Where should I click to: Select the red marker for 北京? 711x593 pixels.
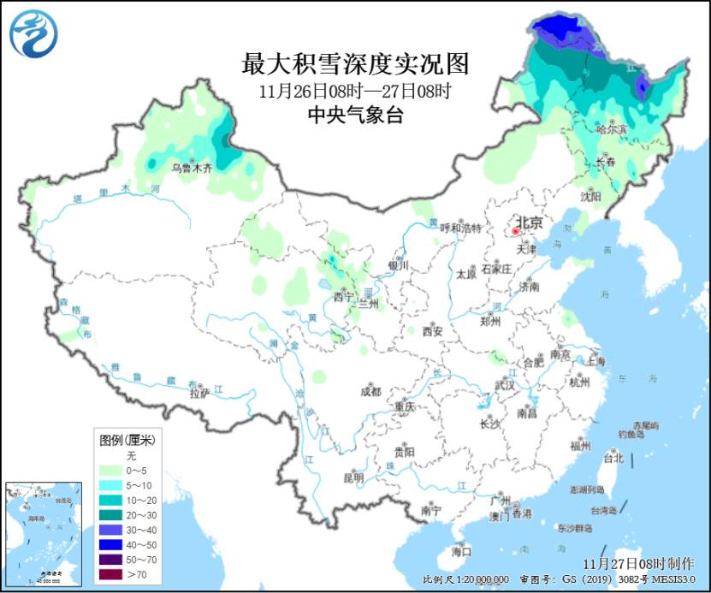516,230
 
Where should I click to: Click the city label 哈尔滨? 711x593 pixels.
611,129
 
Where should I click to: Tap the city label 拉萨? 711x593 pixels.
198,394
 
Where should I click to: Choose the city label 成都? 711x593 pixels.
370,393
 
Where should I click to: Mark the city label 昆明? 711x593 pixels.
353,477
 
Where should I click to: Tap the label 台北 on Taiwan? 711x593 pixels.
613,458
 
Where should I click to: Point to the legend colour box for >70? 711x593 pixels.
113,575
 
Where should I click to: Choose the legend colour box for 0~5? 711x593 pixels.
113,471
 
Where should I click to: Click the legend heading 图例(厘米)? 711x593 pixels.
127,441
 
